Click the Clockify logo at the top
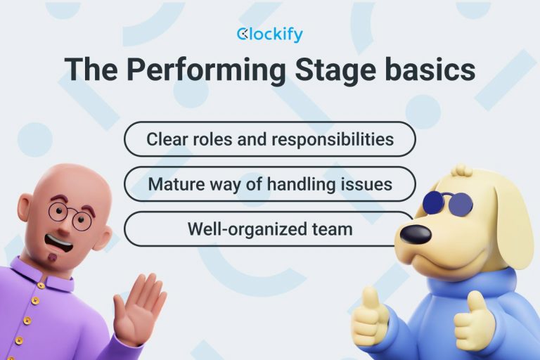tap(269, 34)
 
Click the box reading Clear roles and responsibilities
tap(269, 139)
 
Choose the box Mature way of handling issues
tap(269, 184)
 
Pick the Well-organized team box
tap(269, 229)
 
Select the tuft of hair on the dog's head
tap(462, 171)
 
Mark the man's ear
tap(24, 211)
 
